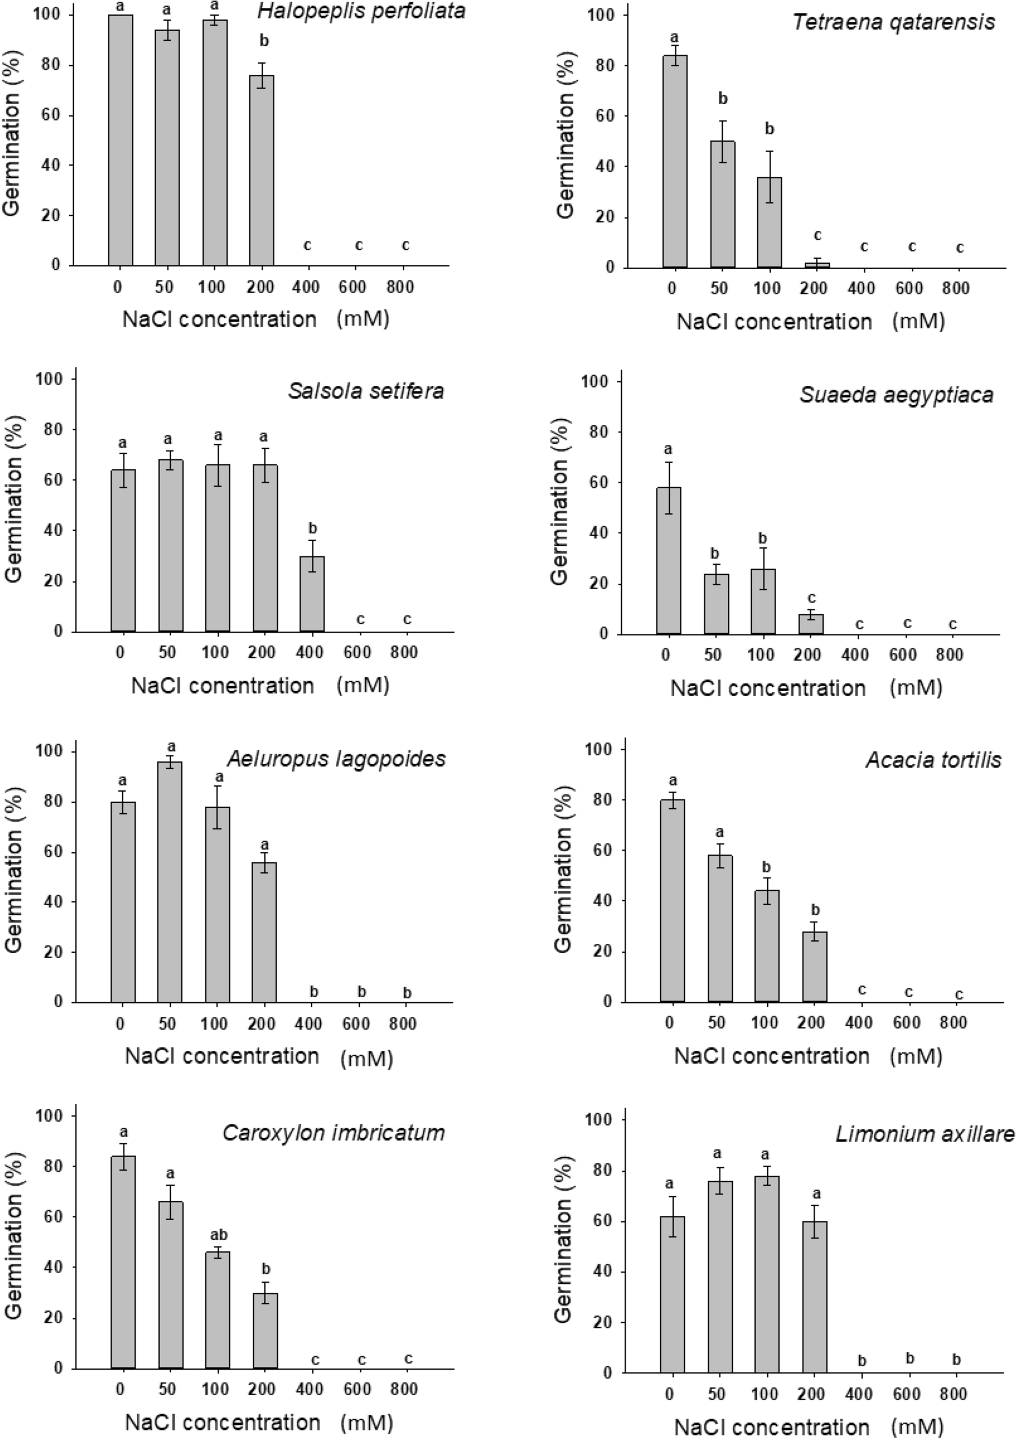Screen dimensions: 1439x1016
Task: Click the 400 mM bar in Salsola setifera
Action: click(x=311, y=594)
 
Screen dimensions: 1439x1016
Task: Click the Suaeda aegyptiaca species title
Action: click(x=896, y=395)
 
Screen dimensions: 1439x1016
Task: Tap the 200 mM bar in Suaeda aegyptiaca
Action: click(x=807, y=624)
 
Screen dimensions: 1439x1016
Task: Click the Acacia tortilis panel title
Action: click(x=933, y=760)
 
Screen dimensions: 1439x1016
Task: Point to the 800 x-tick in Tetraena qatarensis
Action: click(x=956, y=289)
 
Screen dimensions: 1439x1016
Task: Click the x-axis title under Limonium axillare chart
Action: click(x=808, y=1427)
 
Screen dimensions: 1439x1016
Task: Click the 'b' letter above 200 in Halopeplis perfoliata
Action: click(x=264, y=42)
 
